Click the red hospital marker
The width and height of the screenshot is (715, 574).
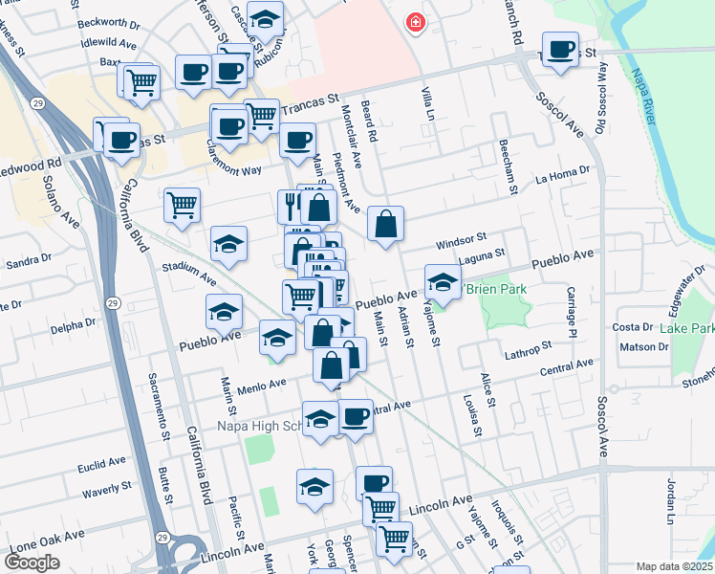coord(415,21)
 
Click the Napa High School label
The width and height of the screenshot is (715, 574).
coord(258,426)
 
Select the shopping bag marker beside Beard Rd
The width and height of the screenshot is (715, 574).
coord(384,225)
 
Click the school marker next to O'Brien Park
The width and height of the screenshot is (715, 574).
coord(442,281)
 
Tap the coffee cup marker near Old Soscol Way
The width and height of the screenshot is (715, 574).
coord(560,49)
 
